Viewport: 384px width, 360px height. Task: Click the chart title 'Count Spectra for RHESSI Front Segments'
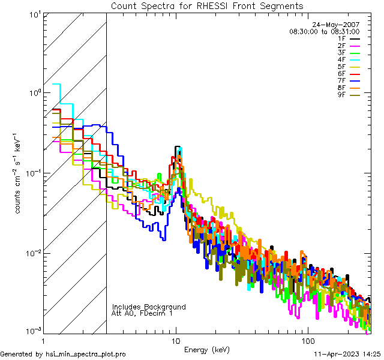(x=207, y=6)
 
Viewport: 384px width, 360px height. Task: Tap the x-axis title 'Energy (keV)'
(x=207, y=349)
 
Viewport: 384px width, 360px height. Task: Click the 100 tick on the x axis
(x=307, y=340)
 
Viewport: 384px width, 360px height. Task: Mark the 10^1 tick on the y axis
(x=32, y=13)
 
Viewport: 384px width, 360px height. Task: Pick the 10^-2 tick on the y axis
(x=31, y=253)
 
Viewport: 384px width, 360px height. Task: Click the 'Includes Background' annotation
(x=149, y=307)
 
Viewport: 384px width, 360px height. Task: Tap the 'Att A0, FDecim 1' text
(x=143, y=313)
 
